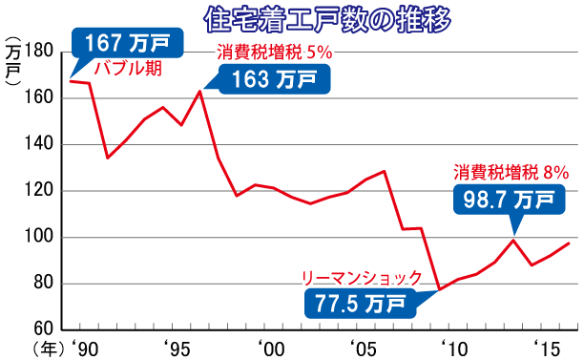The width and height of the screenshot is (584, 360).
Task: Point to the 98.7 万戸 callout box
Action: [505, 200]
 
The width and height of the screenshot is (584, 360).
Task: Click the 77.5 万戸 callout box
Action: [360, 305]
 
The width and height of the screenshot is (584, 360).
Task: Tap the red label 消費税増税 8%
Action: [511, 173]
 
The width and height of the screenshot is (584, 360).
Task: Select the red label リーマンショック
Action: [362, 277]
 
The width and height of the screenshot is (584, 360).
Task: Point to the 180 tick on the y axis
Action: [43, 52]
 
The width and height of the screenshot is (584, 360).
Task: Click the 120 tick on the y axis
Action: [43, 191]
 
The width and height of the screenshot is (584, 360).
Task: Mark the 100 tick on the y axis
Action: [43, 237]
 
